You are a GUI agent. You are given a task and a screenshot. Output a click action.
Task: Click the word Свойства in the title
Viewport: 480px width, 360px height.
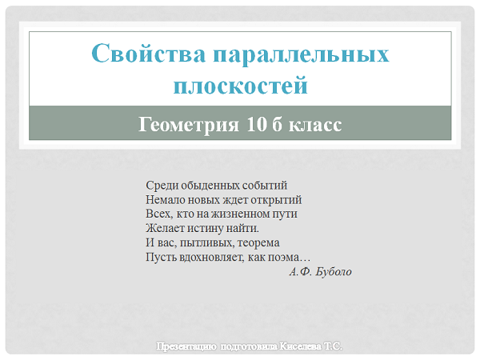click(x=149, y=54)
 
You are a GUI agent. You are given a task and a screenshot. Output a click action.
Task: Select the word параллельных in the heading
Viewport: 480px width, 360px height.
click(x=302, y=55)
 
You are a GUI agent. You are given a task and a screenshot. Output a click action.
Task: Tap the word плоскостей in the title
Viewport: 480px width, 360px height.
click(x=240, y=86)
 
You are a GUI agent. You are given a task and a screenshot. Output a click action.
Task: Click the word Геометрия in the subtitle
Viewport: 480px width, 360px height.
click(x=188, y=125)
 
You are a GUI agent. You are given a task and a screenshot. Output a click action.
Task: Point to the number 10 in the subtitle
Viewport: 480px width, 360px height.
click(x=257, y=124)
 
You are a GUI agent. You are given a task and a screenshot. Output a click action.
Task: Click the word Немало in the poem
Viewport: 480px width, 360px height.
click(x=166, y=199)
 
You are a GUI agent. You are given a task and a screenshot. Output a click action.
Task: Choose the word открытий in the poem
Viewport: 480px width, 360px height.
click(x=276, y=200)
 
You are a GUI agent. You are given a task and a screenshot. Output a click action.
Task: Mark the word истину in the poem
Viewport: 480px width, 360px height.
click(x=205, y=229)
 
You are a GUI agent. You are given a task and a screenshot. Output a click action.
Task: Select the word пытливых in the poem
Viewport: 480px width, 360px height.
click(x=207, y=242)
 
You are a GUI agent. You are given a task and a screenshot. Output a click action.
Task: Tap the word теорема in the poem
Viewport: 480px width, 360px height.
click(x=258, y=242)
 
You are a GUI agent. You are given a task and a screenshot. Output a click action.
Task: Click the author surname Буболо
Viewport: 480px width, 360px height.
click(x=334, y=271)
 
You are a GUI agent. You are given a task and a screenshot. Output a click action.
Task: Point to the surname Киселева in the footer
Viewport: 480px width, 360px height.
click(x=301, y=346)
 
